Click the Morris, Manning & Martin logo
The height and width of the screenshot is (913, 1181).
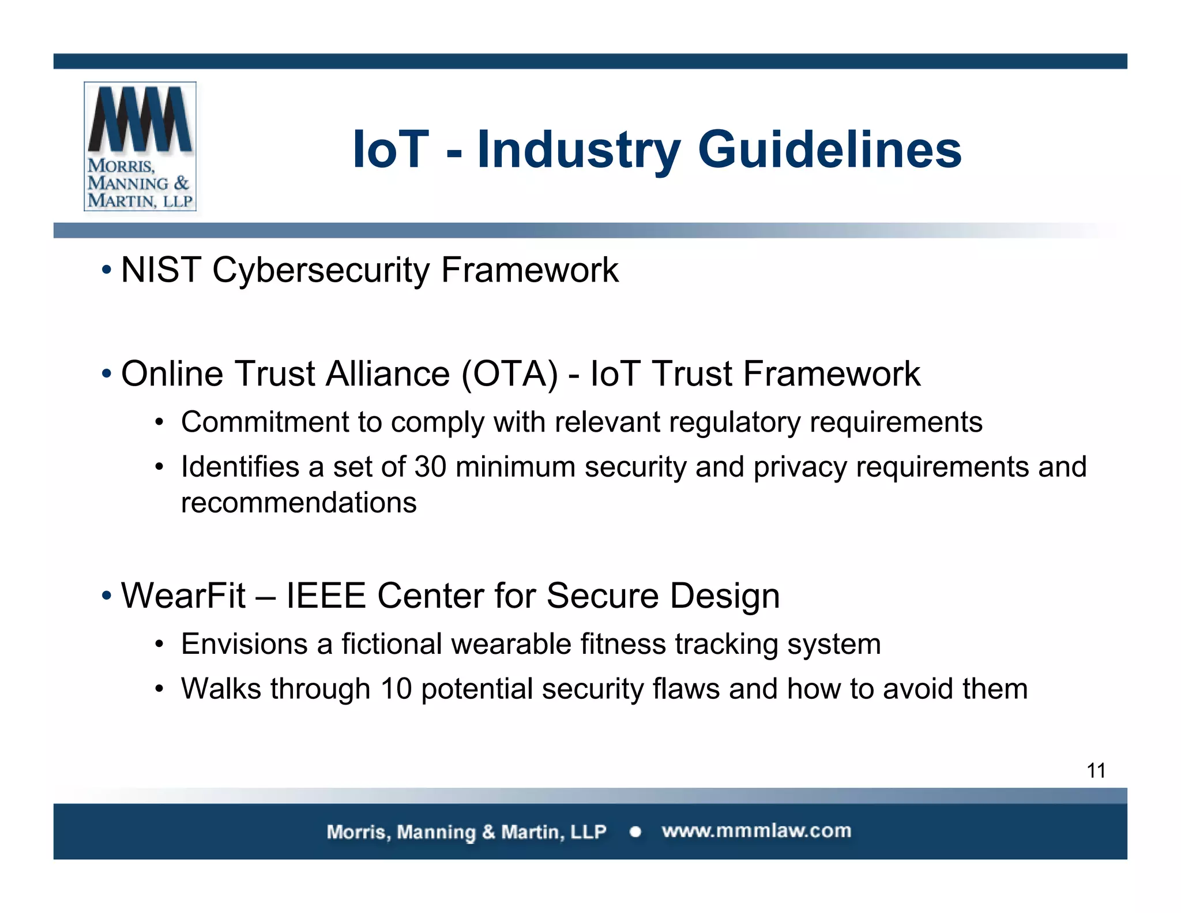(x=140, y=146)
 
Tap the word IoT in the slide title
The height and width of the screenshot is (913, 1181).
(x=390, y=150)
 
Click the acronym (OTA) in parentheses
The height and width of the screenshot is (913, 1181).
(x=510, y=374)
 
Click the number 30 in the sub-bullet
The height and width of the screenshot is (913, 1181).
(x=430, y=467)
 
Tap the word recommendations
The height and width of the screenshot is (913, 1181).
(x=299, y=503)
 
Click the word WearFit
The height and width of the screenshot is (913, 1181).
(x=183, y=596)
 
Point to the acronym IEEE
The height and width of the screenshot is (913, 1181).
(x=326, y=596)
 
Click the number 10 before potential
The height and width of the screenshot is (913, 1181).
(x=396, y=689)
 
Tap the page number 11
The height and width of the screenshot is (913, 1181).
(x=1096, y=771)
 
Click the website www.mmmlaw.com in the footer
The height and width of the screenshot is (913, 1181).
(x=756, y=831)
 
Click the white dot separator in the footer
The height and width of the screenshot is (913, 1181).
(x=635, y=832)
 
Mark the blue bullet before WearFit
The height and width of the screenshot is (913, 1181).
(x=106, y=596)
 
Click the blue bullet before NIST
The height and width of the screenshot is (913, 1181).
(x=106, y=270)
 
